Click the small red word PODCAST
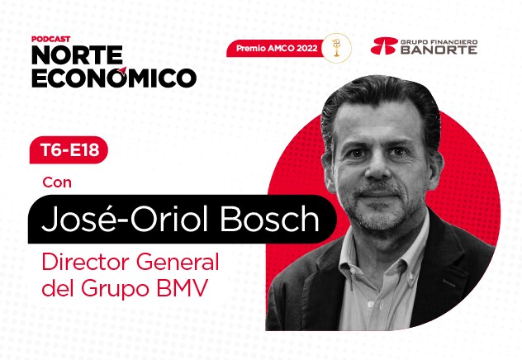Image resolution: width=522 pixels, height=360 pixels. pos(51,39)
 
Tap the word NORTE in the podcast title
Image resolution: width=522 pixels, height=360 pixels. pos(78,55)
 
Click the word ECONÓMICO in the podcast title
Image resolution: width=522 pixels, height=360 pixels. pos(114,78)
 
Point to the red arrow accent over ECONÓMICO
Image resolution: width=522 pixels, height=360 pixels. pos(122,71)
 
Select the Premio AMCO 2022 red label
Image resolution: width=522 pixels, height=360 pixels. pos(277,48)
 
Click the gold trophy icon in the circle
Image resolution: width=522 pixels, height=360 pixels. pos(336,48)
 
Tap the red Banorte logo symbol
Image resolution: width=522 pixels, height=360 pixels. pos(384,46)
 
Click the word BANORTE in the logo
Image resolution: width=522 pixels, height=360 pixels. pos(439,50)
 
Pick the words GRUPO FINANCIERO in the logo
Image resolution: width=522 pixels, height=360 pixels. pos(439,42)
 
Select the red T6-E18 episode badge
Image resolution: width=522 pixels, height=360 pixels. pos(69,150)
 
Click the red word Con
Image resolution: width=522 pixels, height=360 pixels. pos(57,182)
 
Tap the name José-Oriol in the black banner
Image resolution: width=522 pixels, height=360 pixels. pos(125,219)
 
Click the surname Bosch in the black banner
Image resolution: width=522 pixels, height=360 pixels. pos(269,219)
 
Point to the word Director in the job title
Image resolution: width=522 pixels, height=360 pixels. pos(86,263)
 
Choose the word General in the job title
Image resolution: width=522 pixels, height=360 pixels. pos(177,263)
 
